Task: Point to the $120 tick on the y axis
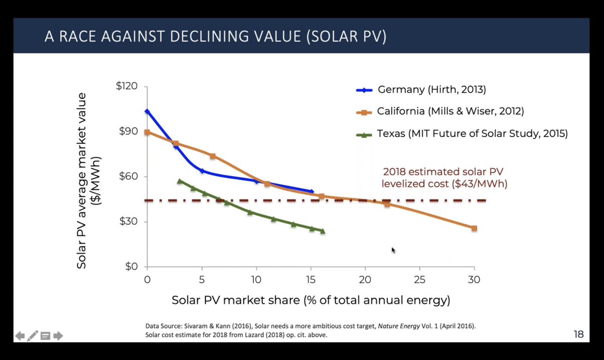point(127,86)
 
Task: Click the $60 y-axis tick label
point(128,177)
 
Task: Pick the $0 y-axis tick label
point(130,267)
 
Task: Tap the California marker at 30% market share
point(474,228)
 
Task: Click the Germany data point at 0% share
point(147,111)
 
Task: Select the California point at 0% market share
point(147,132)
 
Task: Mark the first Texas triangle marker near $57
point(180,181)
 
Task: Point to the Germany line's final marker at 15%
point(312,191)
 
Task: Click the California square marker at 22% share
point(387,204)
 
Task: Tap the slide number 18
point(578,334)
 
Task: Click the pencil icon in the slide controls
point(33,335)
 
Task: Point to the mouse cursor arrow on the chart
point(393,250)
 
